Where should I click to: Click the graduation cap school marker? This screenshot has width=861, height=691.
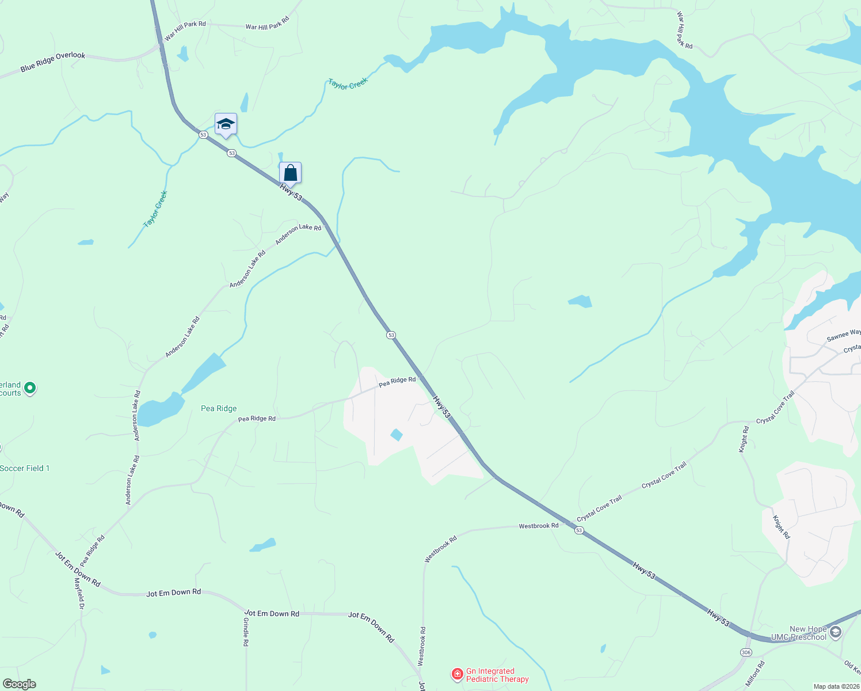(x=226, y=124)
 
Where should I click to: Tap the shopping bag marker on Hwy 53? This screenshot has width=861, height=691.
(x=290, y=172)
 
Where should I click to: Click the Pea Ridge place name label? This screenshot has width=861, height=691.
(x=219, y=408)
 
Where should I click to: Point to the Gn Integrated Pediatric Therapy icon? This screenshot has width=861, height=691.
(x=457, y=674)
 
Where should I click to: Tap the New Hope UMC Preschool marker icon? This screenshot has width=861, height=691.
(x=836, y=632)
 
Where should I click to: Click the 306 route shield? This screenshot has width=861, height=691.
(x=746, y=652)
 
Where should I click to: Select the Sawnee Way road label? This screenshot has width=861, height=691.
(x=843, y=335)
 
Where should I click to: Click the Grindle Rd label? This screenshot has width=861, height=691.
(x=246, y=632)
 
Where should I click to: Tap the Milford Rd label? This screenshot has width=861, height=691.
(x=755, y=674)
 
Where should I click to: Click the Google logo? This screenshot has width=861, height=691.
(x=20, y=684)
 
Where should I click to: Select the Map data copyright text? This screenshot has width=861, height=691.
(x=835, y=686)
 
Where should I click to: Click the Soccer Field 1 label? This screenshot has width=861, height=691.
(x=25, y=468)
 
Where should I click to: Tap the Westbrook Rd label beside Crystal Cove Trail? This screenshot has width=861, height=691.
(x=538, y=526)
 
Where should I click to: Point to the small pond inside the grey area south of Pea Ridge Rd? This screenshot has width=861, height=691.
(x=396, y=435)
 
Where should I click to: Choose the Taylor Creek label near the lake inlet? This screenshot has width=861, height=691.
(x=348, y=84)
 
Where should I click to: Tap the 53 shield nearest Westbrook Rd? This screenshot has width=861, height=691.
(x=579, y=530)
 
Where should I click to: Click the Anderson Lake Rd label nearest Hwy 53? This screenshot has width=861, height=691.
(x=298, y=234)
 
